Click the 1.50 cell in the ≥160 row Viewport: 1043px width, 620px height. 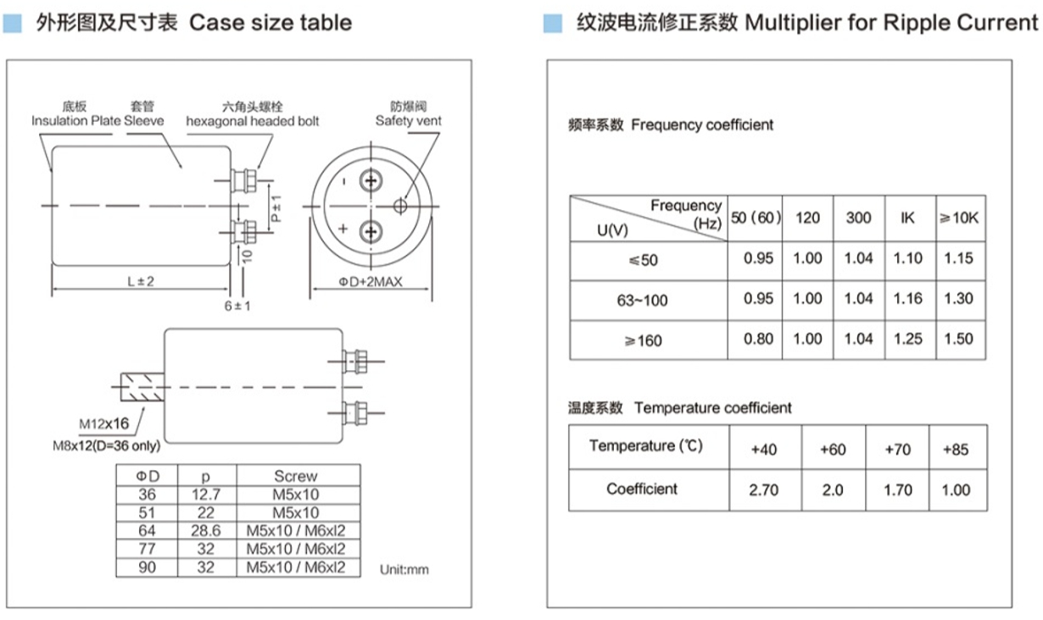[958, 339]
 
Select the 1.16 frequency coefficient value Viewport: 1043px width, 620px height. [907, 298]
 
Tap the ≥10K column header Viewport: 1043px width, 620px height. [958, 218]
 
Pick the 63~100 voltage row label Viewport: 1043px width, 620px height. [643, 300]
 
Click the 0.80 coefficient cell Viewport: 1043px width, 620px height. [758, 339]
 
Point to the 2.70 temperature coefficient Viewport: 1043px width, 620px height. [763, 490]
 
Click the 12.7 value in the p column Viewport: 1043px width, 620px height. [205, 494]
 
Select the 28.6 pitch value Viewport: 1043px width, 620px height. [205, 531]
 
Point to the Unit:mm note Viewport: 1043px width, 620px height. [404, 569]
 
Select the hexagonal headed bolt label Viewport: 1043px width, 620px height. [253, 121]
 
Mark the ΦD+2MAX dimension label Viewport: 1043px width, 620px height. [371, 281]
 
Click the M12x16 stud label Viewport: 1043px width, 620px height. [104, 423]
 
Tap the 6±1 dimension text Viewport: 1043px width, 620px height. [237, 305]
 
